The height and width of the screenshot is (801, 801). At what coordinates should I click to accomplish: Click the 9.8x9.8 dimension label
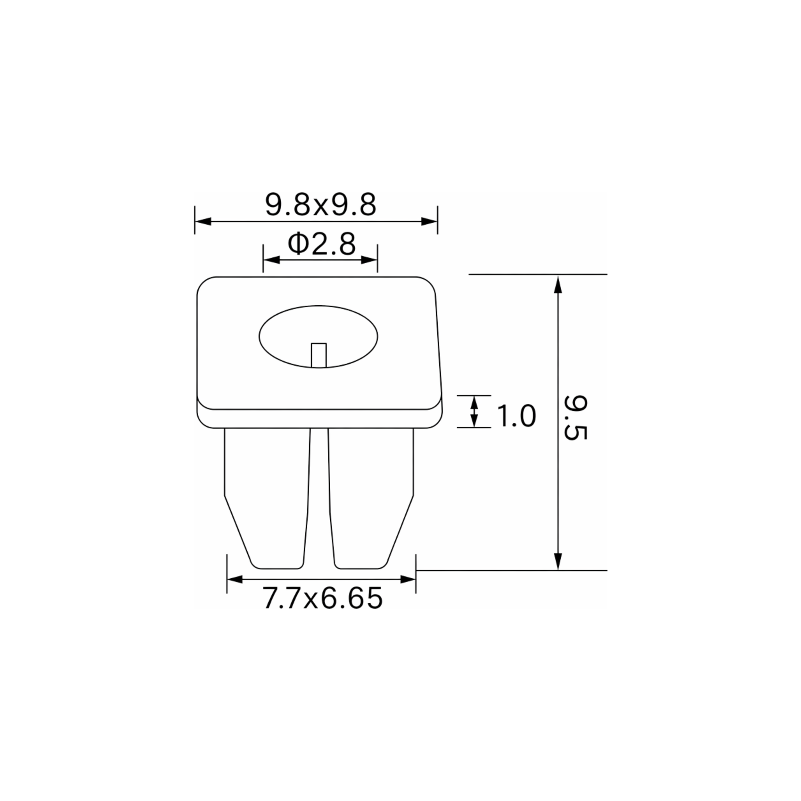[320, 205]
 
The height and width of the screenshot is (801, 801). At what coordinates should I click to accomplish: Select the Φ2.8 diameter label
[321, 244]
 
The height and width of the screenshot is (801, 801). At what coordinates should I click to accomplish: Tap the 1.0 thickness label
[516, 416]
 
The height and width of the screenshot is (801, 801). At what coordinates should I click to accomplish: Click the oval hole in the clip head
[318, 337]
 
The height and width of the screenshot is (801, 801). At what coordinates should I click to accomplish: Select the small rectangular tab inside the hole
[319, 355]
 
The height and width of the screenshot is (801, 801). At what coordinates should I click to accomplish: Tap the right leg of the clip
[371, 498]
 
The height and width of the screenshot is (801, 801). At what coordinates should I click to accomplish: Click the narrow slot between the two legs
[319, 498]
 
